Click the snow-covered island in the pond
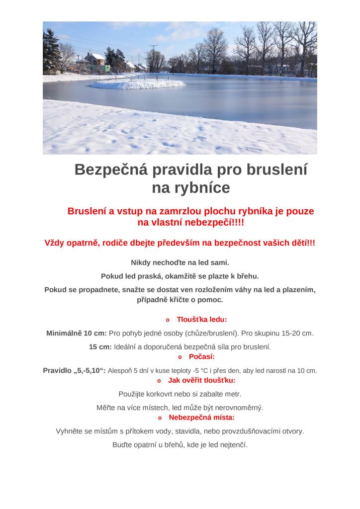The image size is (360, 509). tap(138, 84)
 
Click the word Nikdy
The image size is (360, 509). tap(141, 262)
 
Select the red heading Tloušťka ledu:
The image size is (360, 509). tap(202, 320)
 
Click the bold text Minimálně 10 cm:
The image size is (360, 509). tap(77, 333)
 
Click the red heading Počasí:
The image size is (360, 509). tap(202, 357)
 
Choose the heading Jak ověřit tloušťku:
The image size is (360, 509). tap(202, 380)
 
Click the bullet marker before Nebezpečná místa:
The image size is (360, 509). tap(160, 418)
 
